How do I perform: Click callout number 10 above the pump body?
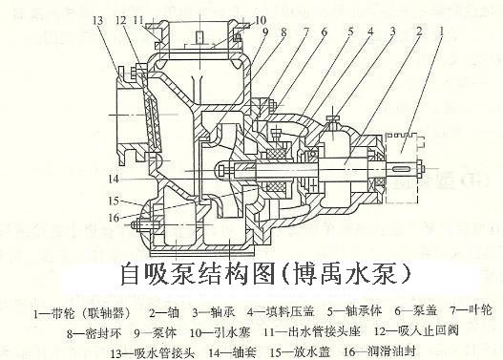pos(236,20)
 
